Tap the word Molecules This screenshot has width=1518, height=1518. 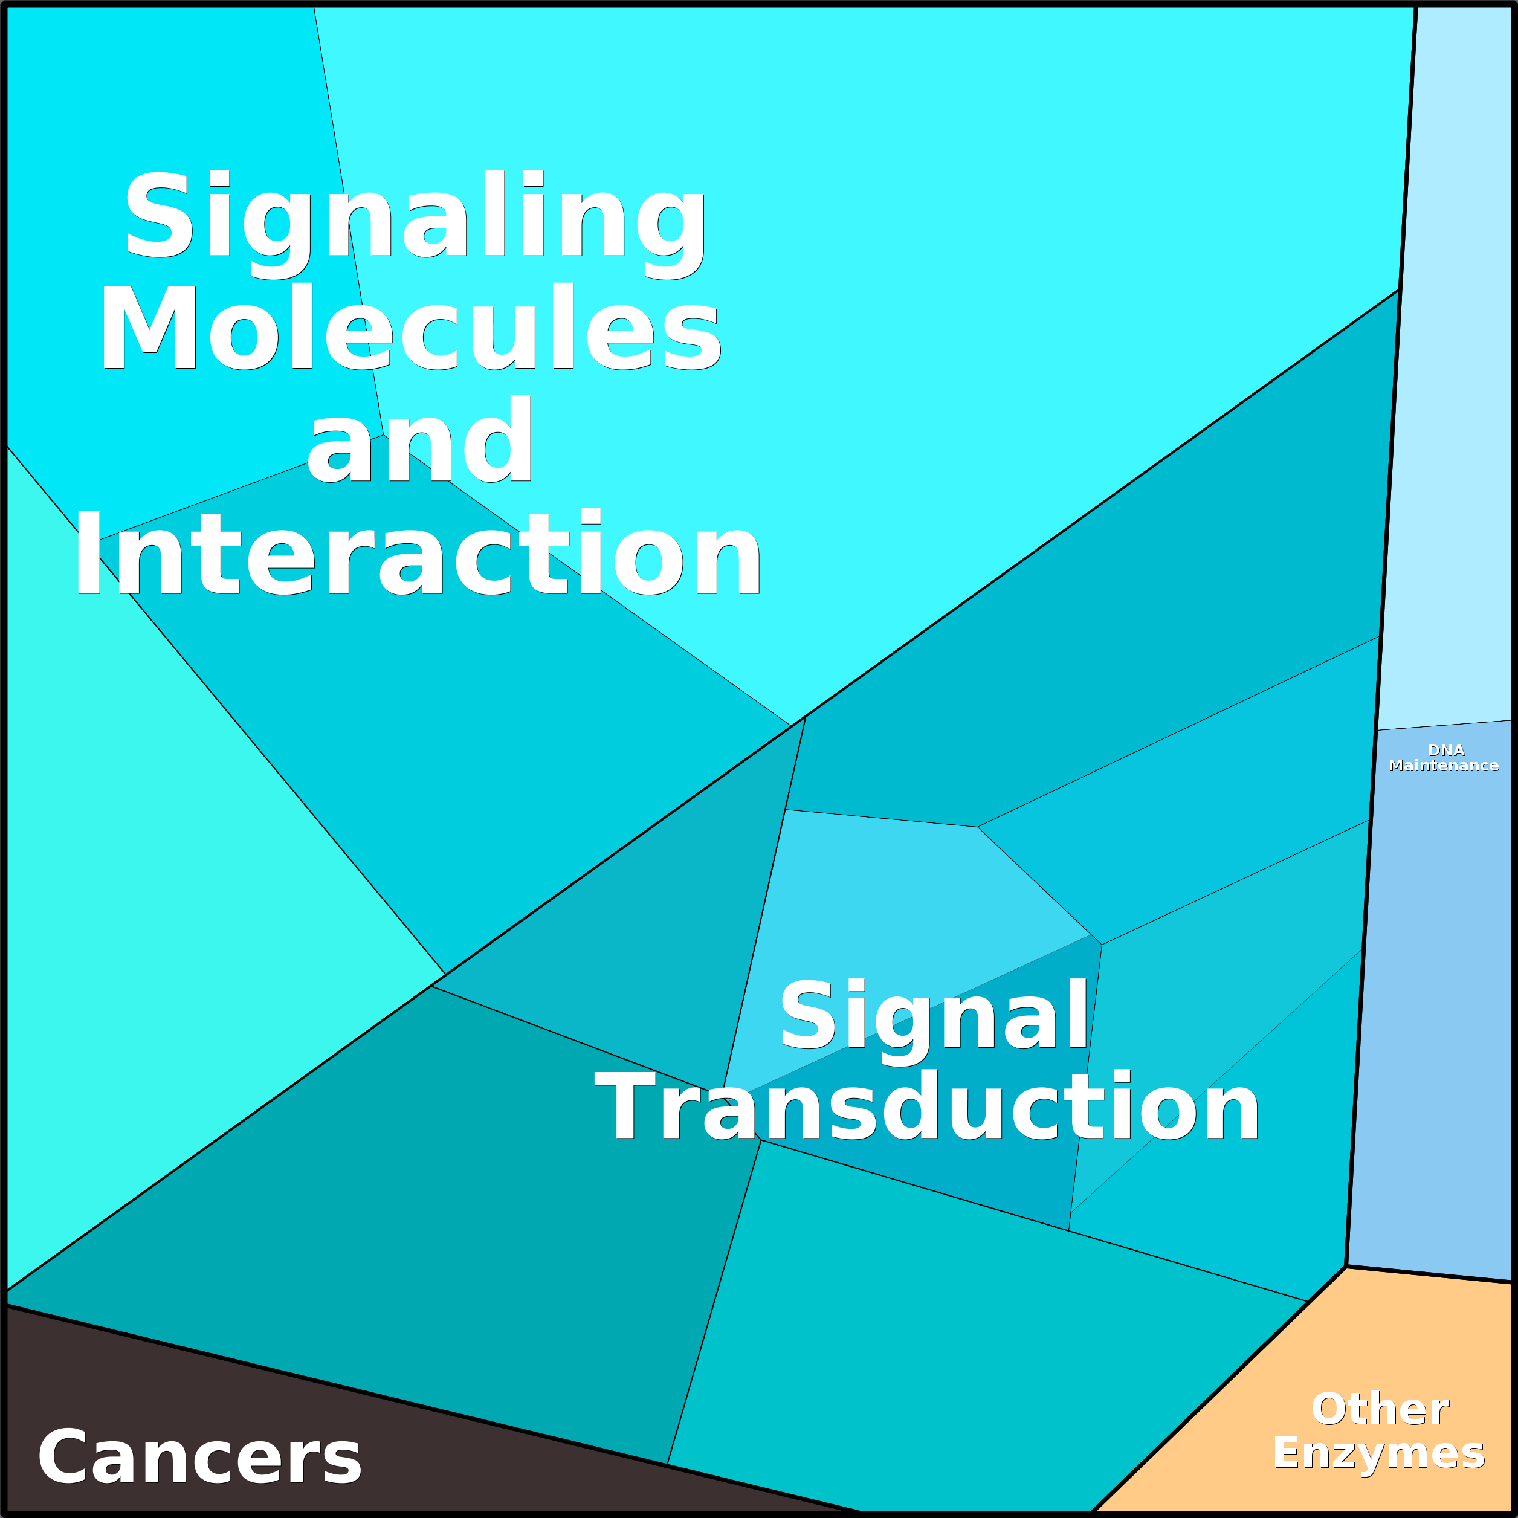click(409, 327)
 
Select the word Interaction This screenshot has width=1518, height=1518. click(417, 553)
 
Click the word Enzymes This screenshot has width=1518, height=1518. click(1379, 1453)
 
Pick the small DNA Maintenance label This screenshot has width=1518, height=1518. click(1444, 758)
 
